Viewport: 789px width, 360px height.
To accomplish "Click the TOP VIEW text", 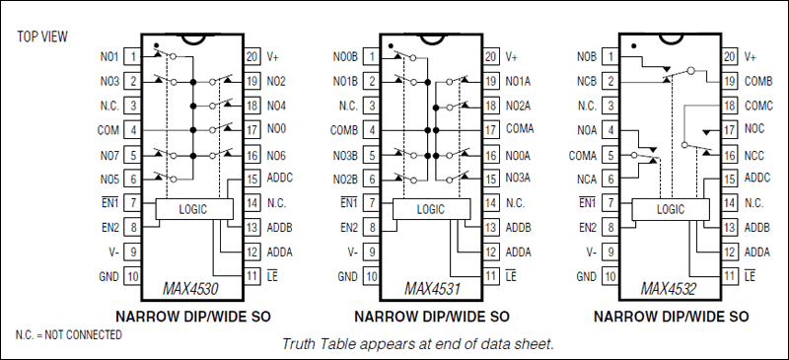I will click(40, 36).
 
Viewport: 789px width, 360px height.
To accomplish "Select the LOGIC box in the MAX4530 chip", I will click(194, 209).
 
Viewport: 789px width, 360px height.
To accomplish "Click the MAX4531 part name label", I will click(431, 289).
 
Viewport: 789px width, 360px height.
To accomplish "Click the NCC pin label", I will click(754, 154).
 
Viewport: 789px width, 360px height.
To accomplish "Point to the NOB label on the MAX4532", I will click(587, 57).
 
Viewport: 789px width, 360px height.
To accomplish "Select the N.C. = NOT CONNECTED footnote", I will click(69, 335).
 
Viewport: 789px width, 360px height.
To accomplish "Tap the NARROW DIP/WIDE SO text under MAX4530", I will click(193, 317).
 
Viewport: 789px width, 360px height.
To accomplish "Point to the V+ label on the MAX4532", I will click(751, 57).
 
